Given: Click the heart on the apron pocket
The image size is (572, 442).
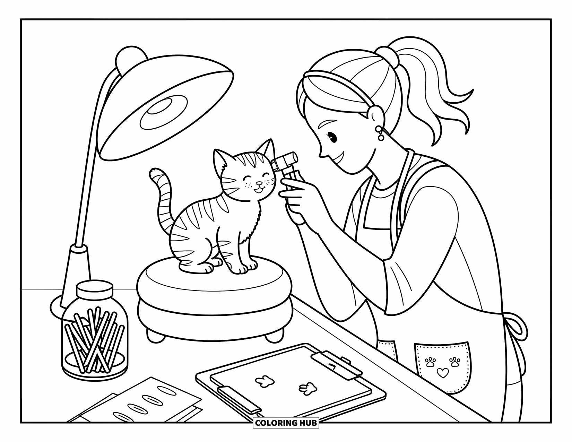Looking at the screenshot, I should pos(442,373).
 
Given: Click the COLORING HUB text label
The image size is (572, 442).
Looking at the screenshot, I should pos(286,423).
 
